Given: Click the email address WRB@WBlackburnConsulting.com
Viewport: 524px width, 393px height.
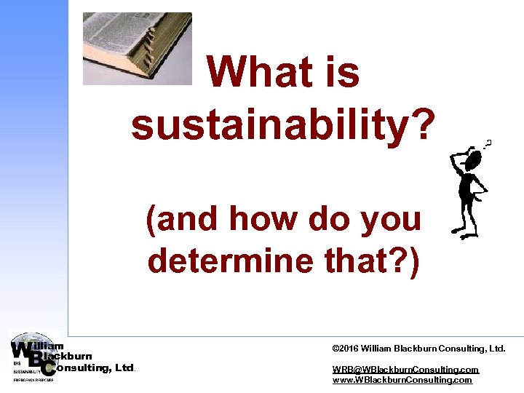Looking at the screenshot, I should (x=405, y=370).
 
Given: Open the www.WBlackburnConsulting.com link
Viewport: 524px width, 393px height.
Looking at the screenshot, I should (x=402, y=380).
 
